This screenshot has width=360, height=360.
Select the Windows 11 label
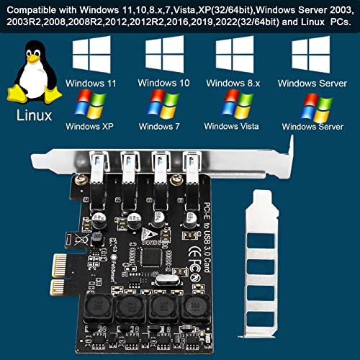tap(90, 83)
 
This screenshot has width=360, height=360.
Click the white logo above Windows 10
tap(165, 55)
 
